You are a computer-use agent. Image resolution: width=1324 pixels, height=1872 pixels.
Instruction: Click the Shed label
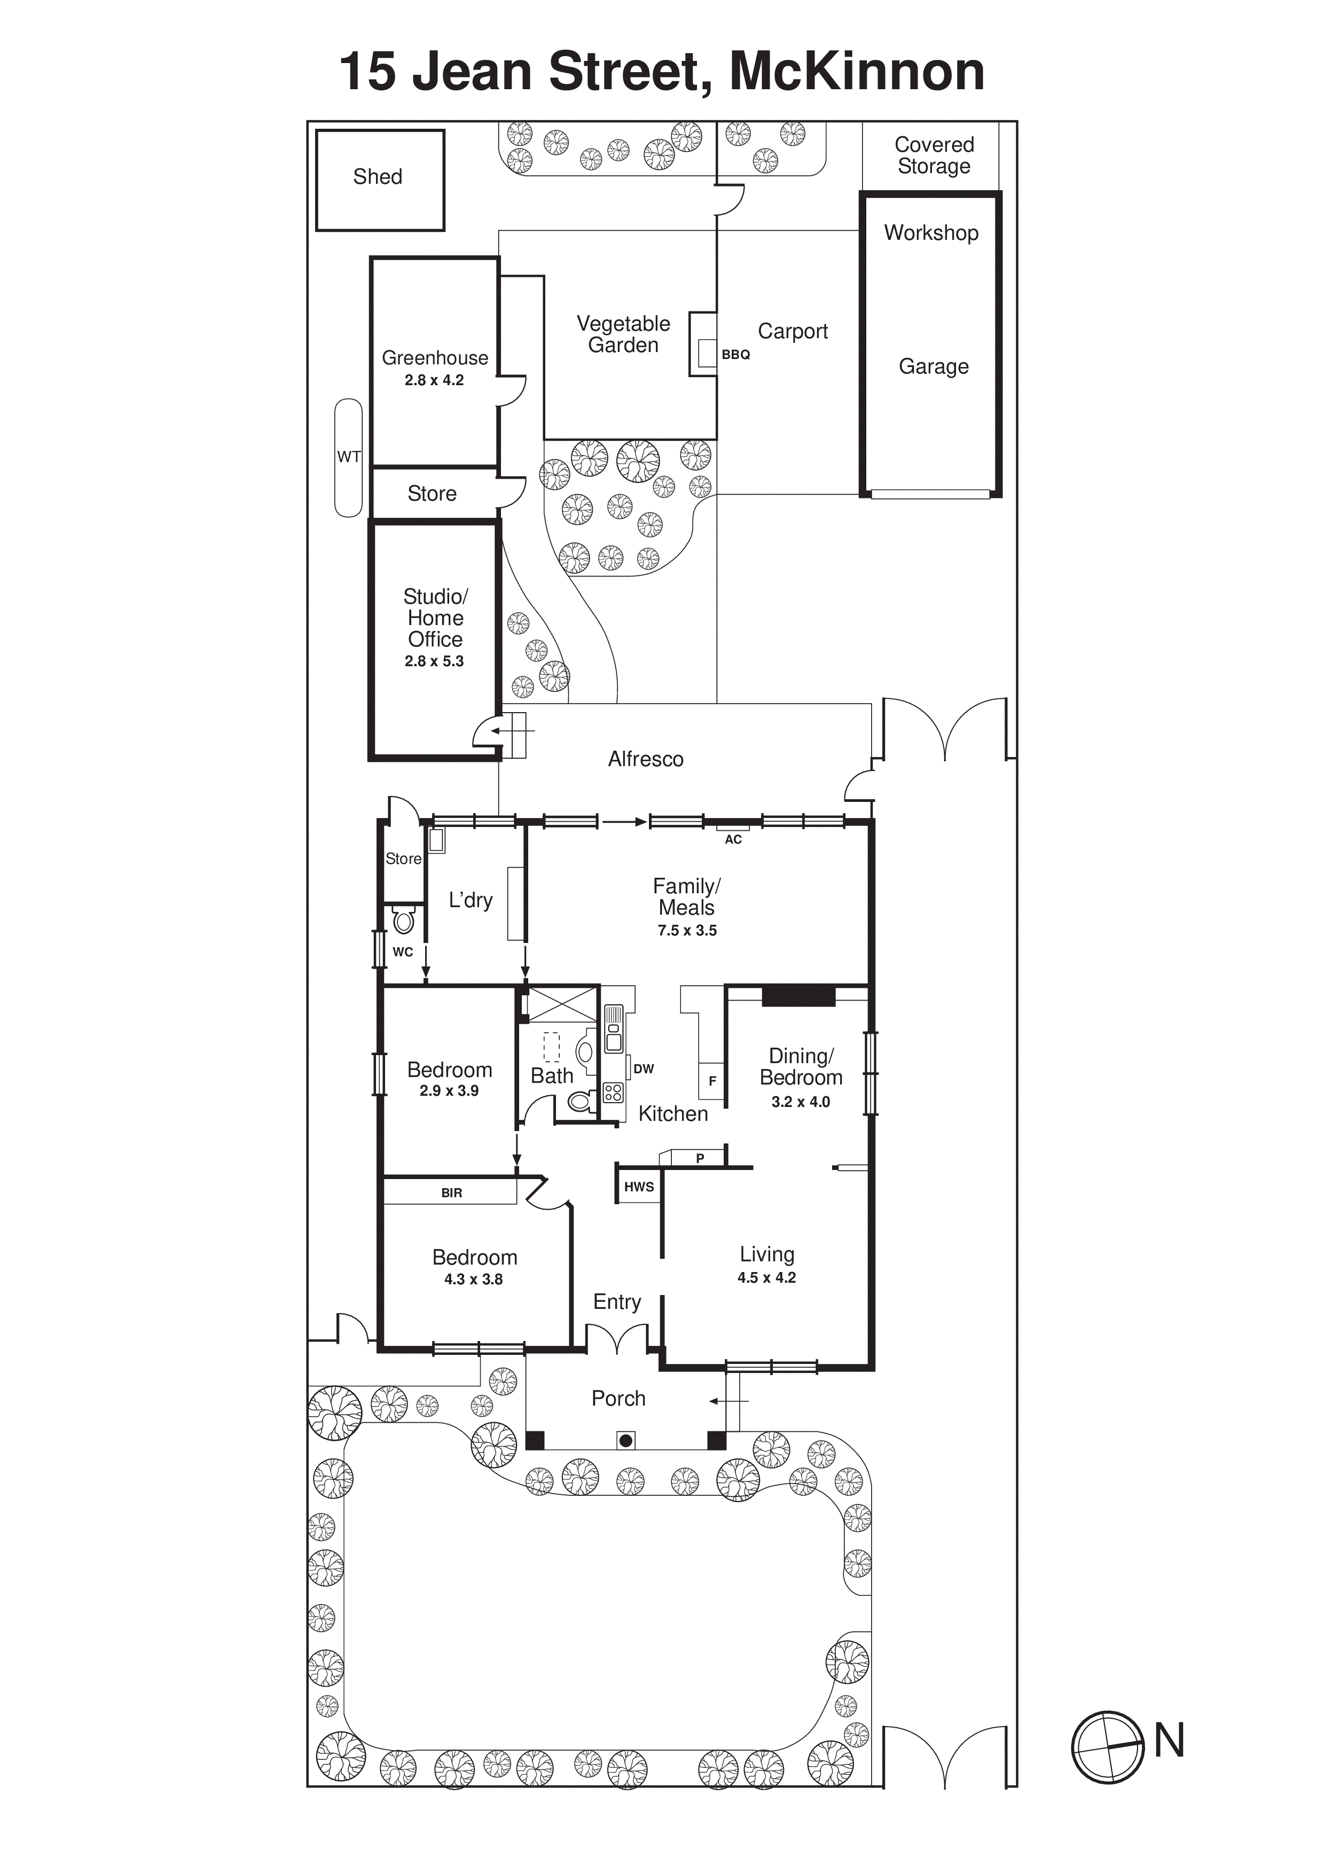tap(378, 177)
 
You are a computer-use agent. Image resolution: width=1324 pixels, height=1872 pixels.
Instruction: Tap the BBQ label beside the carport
tap(735, 355)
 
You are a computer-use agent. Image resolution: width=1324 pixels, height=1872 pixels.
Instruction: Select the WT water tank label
tap(349, 457)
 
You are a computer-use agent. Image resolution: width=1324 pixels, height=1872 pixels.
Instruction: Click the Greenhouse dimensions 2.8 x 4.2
tap(434, 380)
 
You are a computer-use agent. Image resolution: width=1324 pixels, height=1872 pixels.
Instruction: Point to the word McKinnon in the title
tap(856, 72)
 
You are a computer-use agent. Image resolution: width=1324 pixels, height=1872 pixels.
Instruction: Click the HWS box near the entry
tap(638, 1187)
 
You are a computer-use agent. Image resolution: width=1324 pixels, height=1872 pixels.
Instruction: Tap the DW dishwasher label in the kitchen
tap(643, 1069)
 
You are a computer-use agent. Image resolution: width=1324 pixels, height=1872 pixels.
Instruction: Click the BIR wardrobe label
tap(451, 1193)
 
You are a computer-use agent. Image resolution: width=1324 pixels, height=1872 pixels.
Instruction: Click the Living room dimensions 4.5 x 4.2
tap(766, 1277)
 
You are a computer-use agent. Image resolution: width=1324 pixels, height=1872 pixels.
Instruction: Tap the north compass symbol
tap(1107, 1746)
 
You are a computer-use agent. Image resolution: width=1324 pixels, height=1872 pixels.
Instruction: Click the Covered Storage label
tap(934, 155)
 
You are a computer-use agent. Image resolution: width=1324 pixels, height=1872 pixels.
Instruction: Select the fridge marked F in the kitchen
tap(712, 1081)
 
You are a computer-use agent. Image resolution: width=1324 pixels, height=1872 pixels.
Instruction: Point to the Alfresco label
tap(645, 759)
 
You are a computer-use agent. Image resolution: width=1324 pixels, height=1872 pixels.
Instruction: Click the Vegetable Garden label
tap(623, 334)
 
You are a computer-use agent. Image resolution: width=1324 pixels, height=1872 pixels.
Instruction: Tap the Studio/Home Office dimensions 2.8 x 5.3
tap(434, 661)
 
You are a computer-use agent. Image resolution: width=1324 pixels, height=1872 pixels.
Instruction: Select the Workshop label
tap(931, 233)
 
